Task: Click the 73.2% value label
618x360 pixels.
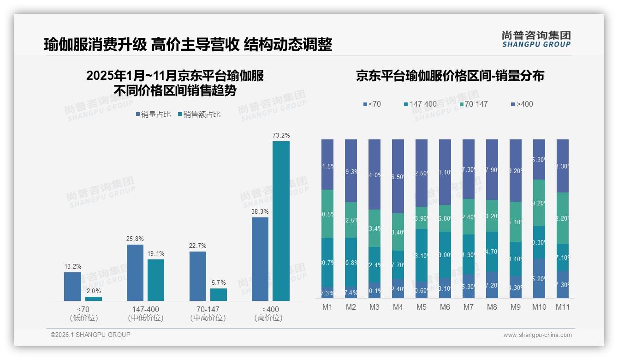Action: tap(281, 135)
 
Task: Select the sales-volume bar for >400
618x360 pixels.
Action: tap(260, 259)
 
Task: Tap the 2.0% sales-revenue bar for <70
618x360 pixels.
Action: tap(94, 299)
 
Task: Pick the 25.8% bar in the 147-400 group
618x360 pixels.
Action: tap(135, 272)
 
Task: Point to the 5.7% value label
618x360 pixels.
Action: tap(219, 282)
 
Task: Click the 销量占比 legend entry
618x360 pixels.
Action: tap(154, 114)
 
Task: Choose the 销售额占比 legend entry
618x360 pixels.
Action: tap(199, 114)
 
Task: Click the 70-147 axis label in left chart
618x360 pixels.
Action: tap(205, 309)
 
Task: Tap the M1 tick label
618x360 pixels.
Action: tap(327, 307)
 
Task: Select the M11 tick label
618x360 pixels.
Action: tap(562, 307)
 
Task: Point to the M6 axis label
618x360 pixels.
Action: tap(445, 307)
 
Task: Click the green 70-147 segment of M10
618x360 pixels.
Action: tap(539, 203)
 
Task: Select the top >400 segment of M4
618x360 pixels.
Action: tap(398, 176)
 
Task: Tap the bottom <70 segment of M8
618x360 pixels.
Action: tap(492, 285)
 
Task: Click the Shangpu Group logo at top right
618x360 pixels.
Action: tap(536, 39)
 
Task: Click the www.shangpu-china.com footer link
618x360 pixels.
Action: tap(537, 335)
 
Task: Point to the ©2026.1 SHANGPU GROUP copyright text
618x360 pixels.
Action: tap(90, 335)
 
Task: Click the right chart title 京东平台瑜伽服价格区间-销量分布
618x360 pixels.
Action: tap(450, 76)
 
